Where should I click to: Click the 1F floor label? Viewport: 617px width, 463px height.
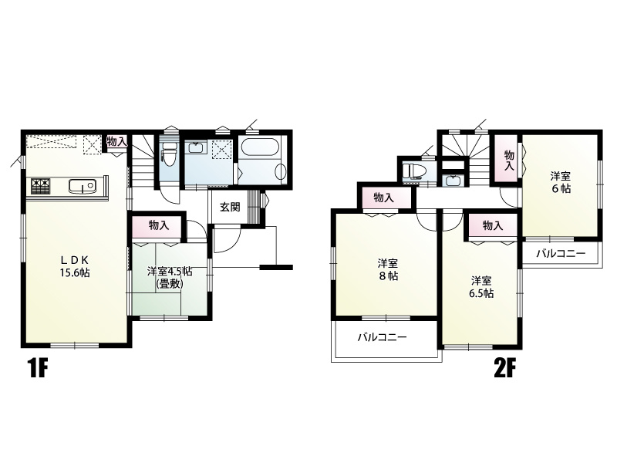point(38,369)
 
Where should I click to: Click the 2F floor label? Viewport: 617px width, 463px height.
point(504,369)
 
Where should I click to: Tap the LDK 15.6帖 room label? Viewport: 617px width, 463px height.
point(75,265)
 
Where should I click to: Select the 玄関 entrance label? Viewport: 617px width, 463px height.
point(230,207)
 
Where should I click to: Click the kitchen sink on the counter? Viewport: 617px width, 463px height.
point(83,186)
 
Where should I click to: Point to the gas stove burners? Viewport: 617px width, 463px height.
point(41,186)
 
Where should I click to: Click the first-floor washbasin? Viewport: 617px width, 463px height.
point(195,148)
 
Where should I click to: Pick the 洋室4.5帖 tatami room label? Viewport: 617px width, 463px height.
point(170,278)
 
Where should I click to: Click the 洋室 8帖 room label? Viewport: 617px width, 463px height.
point(388,269)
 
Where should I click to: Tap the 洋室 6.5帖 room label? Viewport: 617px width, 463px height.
point(483,287)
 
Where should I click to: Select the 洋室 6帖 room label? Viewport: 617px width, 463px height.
point(561,182)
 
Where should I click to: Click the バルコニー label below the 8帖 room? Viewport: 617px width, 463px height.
point(382,337)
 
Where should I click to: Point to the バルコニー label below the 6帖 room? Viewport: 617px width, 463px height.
point(561,254)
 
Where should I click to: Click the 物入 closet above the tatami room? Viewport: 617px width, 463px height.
point(159,225)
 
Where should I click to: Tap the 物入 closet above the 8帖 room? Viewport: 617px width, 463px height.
point(383,198)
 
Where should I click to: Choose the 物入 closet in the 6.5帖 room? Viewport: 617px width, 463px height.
point(493,225)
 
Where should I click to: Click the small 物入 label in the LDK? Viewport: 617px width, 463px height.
point(117,142)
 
